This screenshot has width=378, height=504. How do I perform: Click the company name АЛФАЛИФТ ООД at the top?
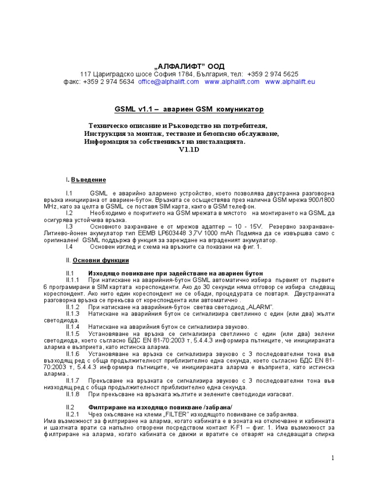click(x=189, y=65)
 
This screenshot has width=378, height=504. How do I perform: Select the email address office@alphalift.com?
click(x=168, y=82)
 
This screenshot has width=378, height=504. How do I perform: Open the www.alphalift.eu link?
click(x=290, y=82)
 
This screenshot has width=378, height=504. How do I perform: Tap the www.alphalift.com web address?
click(x=232, y=82)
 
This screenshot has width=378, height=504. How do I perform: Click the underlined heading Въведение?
click(x=88, y=180)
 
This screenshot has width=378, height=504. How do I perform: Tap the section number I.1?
click(x=69, y=194)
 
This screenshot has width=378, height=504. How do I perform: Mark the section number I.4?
click(x=69, y=247)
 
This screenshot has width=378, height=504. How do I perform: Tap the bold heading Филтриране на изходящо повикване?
click(x=153, y=408)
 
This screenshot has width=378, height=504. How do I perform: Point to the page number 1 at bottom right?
click(x=333, y=458)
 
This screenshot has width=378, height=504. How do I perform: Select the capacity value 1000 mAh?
click(x=231, y=233)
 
